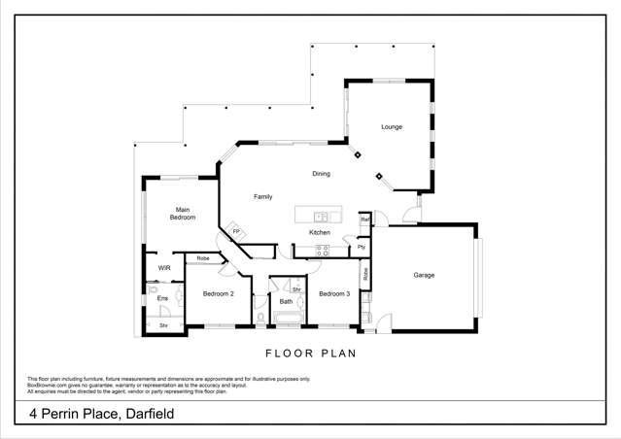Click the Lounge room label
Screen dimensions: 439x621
point(391,127)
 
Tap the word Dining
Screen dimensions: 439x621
point(321,175)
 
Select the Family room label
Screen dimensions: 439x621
point(262,197)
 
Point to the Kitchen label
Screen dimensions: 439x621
point(320,233)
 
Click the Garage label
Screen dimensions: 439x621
point(424,275)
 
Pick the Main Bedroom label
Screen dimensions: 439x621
point(183,214)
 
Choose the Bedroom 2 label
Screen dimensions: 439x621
point(218,293)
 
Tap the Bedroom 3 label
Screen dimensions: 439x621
point(333,293)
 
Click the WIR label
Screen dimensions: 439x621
point(164,268)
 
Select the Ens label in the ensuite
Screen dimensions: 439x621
point(162,298)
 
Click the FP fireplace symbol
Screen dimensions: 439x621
point(235,231)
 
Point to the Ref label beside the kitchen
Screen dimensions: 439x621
point(364,219)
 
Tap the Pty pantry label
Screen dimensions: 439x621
point(362,247)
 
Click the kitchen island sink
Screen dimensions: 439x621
point(320,216)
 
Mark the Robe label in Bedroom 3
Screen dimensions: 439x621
point(365,274)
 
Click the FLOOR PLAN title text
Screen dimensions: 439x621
point(311,355)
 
